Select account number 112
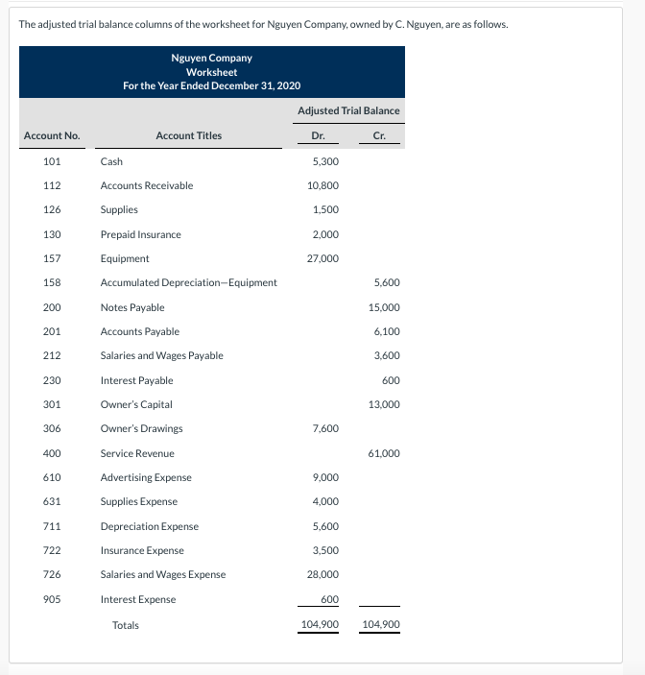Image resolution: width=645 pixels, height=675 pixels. [x=53, y=185]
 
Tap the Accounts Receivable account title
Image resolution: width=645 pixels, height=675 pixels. [x=147, y=185]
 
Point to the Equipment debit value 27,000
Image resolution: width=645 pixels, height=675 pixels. [x=322, y=258]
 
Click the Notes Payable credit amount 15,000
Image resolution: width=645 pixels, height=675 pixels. [x=384, y=307]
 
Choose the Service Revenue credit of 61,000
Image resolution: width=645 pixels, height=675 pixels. [x=384, y=453]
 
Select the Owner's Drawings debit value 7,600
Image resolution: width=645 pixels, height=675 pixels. [x=324, y=429]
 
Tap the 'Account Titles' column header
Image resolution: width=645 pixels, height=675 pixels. [x=188, y=135]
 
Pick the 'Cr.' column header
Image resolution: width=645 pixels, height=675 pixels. [x=379, y=135]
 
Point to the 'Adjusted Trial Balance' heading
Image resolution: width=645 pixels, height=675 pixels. [x=348, y=110]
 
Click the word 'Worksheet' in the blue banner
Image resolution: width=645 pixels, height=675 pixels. [x=212, y=72]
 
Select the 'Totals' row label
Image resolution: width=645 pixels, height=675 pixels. [x=126, y=625]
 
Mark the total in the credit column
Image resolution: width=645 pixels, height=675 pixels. [x=381, y=625]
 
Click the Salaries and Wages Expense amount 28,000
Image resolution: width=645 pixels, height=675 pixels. [x=322, y=574]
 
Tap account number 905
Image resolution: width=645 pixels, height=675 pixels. [x=53, y=599]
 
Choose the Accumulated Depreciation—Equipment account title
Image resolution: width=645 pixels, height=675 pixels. [x=189, y=282]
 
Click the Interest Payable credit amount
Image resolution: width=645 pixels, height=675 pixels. [x=391, y=380]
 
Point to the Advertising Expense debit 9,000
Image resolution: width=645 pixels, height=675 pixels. [x=324, y=477]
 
